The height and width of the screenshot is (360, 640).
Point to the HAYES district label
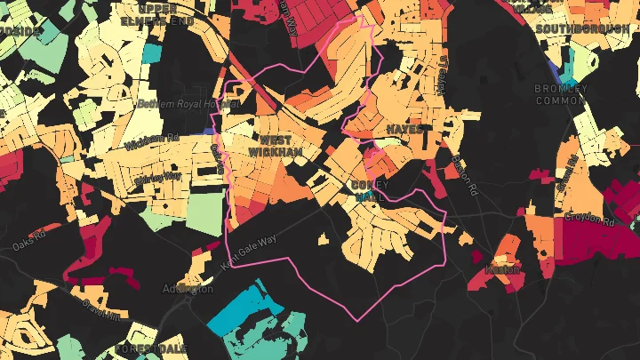(404, 129)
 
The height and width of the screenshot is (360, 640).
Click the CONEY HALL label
(371, 191)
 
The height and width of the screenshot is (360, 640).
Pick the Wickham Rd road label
(152, 141)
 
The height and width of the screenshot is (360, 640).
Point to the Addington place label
(188, 289)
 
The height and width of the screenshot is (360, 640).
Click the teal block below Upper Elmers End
(150, 52)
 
